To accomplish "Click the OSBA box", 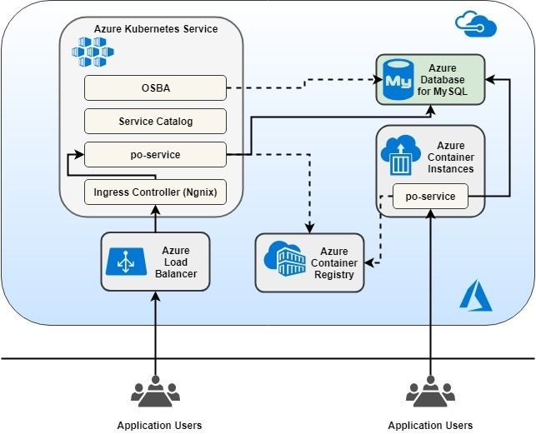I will (155, 87).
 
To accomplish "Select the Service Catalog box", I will (155, 121).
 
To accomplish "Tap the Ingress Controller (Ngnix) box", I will (155, 192).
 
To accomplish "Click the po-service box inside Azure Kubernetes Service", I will (155, 155).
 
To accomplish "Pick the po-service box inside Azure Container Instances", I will (429, 197).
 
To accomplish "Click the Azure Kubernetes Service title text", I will (156, 29).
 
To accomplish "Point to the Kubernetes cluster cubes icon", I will (93, 52).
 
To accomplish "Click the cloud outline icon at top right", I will (476, 24).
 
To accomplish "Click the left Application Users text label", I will (159, 425).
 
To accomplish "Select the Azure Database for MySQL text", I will (443, 79).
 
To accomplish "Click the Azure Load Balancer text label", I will (175, 262).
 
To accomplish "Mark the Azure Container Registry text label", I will (334, 262).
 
